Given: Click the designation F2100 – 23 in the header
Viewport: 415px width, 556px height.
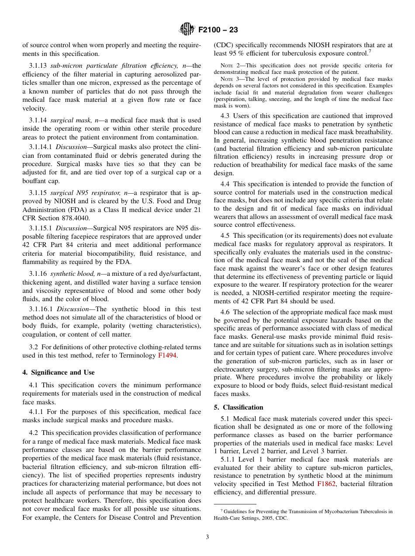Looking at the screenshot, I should click(x=218, y=30).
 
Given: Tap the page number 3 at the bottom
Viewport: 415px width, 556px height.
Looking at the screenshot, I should click(x=207, y=537).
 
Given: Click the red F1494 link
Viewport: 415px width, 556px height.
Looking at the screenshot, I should click(x=167, y=355).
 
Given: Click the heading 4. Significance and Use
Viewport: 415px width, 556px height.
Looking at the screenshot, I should click(x=59, y=372).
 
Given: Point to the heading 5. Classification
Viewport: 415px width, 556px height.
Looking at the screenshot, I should click(x=239, y=407).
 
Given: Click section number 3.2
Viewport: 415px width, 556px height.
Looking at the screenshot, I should click(x=34, y=347).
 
